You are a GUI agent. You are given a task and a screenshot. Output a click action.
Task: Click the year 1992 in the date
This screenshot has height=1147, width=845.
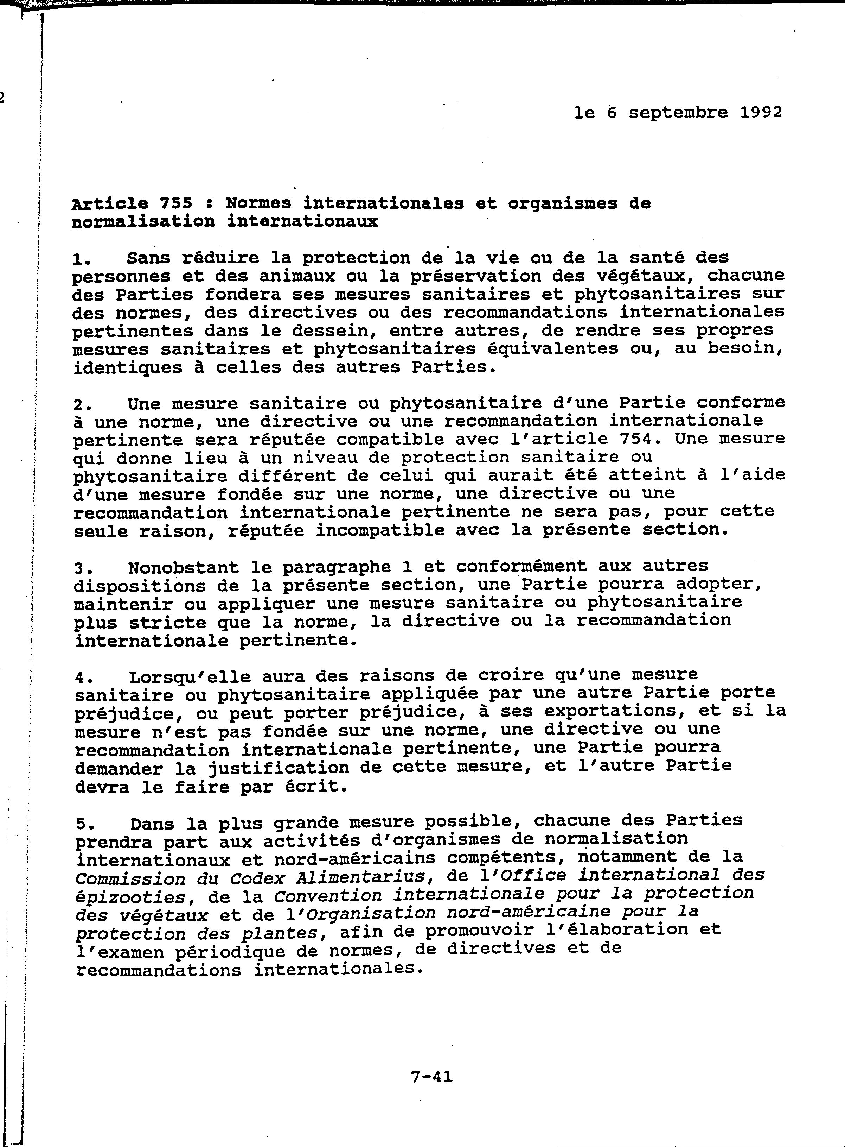click(x=761, y=112)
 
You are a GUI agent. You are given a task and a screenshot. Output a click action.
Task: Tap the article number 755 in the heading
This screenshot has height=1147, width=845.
click(x=176, y=204)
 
